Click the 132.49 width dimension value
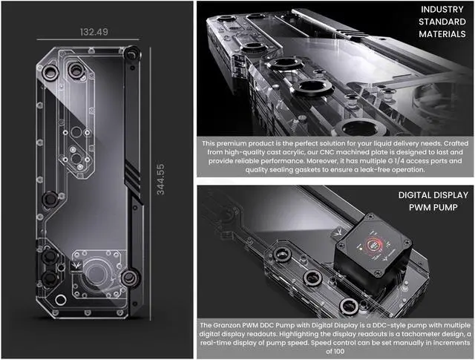tap(94, 32)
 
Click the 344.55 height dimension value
tap(160, 180)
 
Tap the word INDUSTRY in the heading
tap(442, 10)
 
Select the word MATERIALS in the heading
tap(442, 33)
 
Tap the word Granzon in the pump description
tap(227, 325)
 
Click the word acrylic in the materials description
tap(295, 152)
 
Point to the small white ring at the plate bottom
tap(61, 300)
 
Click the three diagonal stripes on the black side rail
tap(132, 177)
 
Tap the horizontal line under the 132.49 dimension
tap(88, 39)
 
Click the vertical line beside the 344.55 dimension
tap(150, 183)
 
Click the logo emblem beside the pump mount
tap(76, 266)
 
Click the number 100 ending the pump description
tap(339, 352)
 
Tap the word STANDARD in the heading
tap(442, 22)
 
